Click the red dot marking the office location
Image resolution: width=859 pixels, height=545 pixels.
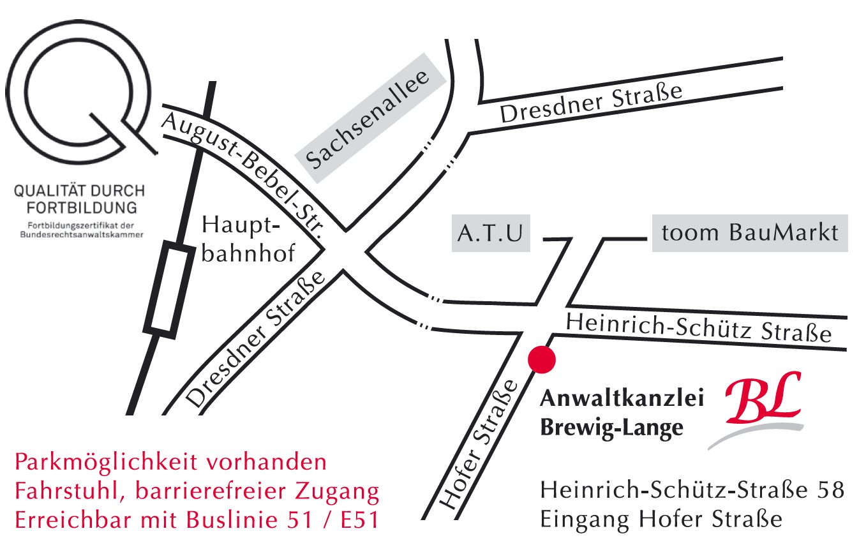point(542,359)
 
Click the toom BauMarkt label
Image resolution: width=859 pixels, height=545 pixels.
point(750,233)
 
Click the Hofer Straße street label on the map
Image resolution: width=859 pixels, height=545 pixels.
point(479,445)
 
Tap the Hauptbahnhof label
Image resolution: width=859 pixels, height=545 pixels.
point(248,239)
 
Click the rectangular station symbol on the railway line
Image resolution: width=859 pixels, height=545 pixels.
point(168,289)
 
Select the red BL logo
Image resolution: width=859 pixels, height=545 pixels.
point(763,401)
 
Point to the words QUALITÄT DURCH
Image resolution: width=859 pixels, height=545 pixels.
point(78,191)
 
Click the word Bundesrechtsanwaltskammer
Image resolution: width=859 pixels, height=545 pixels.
point(79,234)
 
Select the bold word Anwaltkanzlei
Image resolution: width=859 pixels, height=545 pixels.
point(622,399)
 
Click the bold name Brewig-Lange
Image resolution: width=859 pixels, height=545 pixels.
point(611,428)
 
